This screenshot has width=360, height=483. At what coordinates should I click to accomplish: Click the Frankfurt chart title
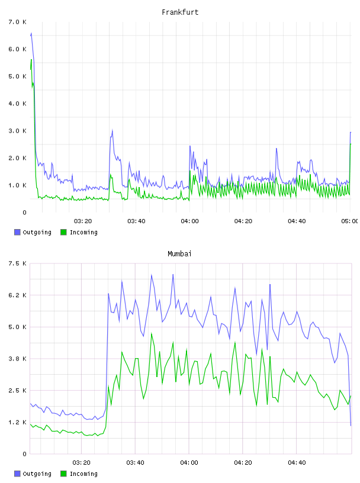click(x=180, y=12)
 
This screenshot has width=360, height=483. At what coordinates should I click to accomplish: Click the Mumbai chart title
click(x=179, y=253)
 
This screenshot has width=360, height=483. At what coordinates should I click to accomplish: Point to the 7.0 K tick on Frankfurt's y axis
click(x=17, y=22)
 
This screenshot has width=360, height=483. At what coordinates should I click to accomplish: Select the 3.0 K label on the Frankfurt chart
click(x=17, y=131)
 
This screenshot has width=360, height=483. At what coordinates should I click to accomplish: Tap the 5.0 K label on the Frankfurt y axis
click(x=17, y=76)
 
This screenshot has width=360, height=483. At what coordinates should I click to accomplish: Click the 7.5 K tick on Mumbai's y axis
click(x=17, y=263)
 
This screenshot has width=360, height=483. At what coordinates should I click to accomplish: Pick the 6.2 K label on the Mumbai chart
click(x=17, y=295)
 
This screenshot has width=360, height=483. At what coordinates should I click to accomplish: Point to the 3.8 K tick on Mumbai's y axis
click(x=17, y=359)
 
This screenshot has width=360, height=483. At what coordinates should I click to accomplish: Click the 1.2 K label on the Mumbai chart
click(x=17, y=422)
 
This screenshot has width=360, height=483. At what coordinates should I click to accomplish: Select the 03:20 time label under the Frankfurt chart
click(x=83, y=221)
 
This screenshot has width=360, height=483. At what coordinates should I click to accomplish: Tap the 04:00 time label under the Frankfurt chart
click(x=189, y=221)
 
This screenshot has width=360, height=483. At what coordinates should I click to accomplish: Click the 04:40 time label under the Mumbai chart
click(x=297, y=462)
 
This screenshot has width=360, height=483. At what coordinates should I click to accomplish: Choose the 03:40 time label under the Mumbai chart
click(x=135, y=462)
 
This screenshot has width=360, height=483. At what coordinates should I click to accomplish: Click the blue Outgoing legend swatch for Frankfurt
click(x=17, y=232)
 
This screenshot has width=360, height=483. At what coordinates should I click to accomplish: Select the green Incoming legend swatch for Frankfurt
click(x=63, y=232)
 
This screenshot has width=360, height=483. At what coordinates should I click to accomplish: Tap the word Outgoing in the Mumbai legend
click(x=37, y=474)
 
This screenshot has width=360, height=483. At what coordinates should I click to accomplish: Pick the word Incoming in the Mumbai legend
click(x=83, y=474)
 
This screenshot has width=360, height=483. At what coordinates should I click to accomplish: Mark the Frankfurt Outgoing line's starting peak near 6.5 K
click(x=31, y=33)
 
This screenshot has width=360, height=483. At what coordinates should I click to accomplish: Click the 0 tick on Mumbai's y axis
click(x=24, y=454)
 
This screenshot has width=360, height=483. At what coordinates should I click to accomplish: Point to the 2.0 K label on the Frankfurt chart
click(x=17, y=157)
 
